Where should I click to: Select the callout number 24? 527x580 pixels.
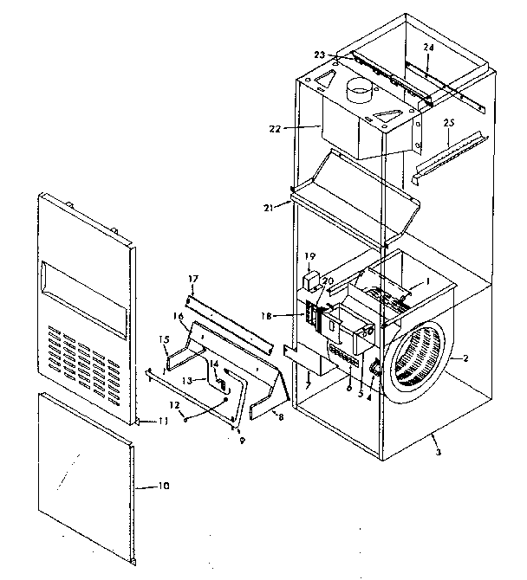[427, 45]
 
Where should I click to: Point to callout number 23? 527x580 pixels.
[319, 55]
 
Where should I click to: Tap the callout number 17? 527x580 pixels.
[194, 279]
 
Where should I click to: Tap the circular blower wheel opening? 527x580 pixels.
[415, 369]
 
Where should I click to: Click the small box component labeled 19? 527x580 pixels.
[310, 280]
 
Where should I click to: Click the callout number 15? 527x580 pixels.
[163, 338]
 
